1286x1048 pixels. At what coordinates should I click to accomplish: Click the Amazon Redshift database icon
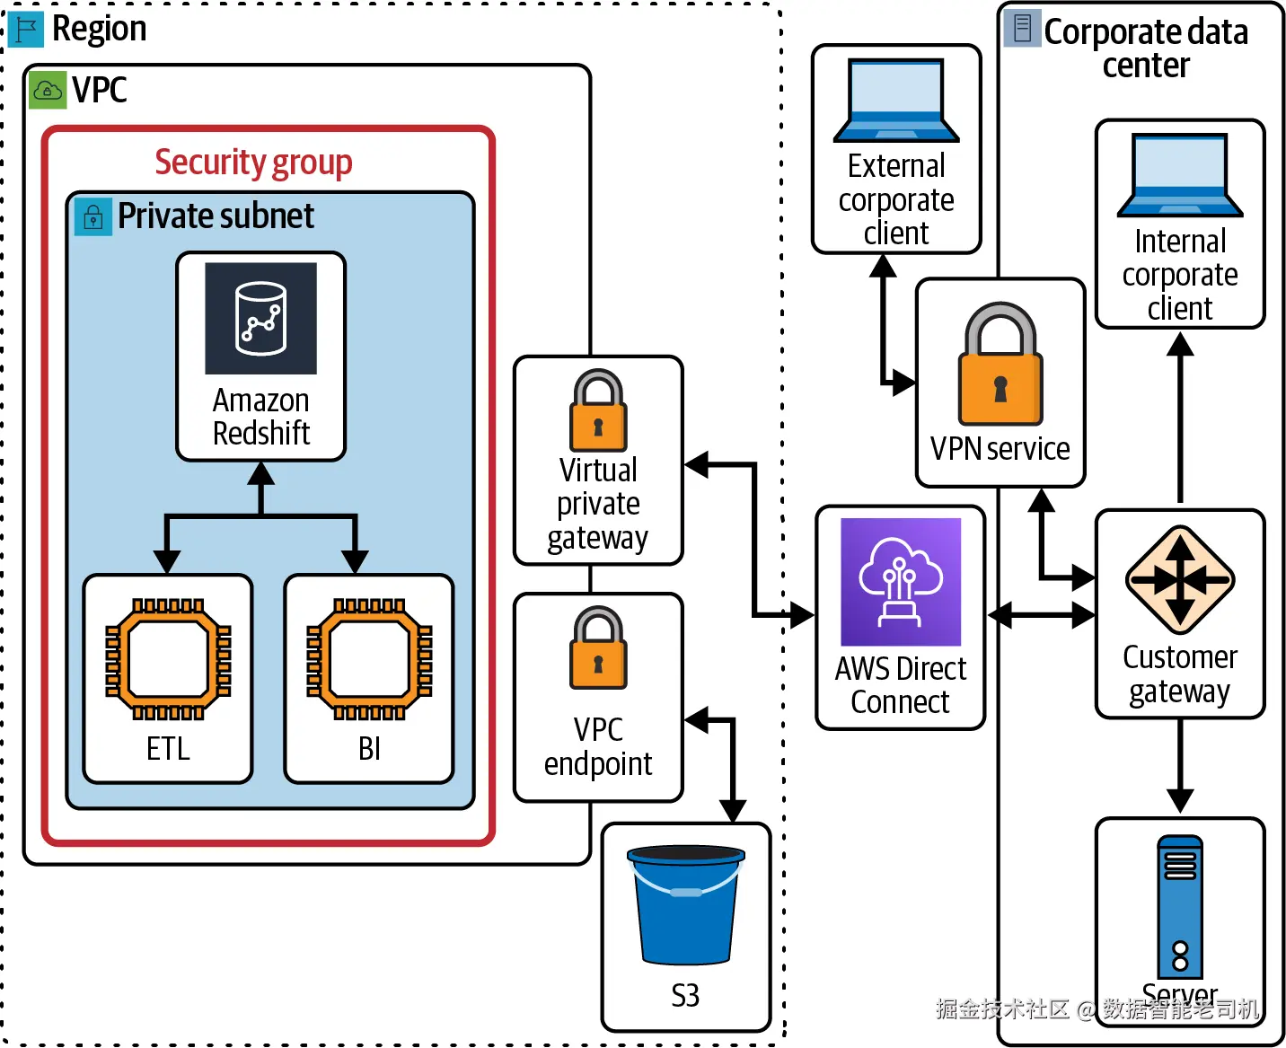pyautogui.click(x=260, y=318)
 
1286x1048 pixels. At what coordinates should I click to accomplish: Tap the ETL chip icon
pyautogui.click(x=168, y=658)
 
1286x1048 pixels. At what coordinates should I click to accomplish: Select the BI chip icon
pyautogui.click(x=369, y=658)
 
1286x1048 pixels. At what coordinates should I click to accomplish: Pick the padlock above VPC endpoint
pyautogui.click(x=598, y=647)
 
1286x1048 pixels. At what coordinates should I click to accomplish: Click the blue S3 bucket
pyautogui.click(x=686, y=903)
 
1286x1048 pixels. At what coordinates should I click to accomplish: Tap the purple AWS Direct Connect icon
pyautogui.click(x=901, y=582)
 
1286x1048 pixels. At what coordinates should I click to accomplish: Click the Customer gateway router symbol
pyautogui.click(x=1180, y=580)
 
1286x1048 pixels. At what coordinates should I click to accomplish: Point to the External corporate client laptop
pyautogui.click(x=896, y=101)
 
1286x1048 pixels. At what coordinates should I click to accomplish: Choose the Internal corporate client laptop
pyautogui.click(x=1180, y=176)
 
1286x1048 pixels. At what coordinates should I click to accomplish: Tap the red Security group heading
pyautogui.click(x=253, y=163)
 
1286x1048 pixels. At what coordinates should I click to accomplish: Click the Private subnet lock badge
pyautogui.click(x=92, y=216)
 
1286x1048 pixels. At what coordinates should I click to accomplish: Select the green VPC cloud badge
pyautogui.click(x=48, y=91)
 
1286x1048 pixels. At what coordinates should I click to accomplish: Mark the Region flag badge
pyautogui.click(x=25, y=30)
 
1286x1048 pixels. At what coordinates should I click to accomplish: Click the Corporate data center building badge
pyautogui.click(x=1022, y=29)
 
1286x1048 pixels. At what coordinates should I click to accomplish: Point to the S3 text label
pyautogui.click(x=685, y=995)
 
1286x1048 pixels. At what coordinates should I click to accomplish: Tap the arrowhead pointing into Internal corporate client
pyautogui.click(x=1180, y=344)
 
